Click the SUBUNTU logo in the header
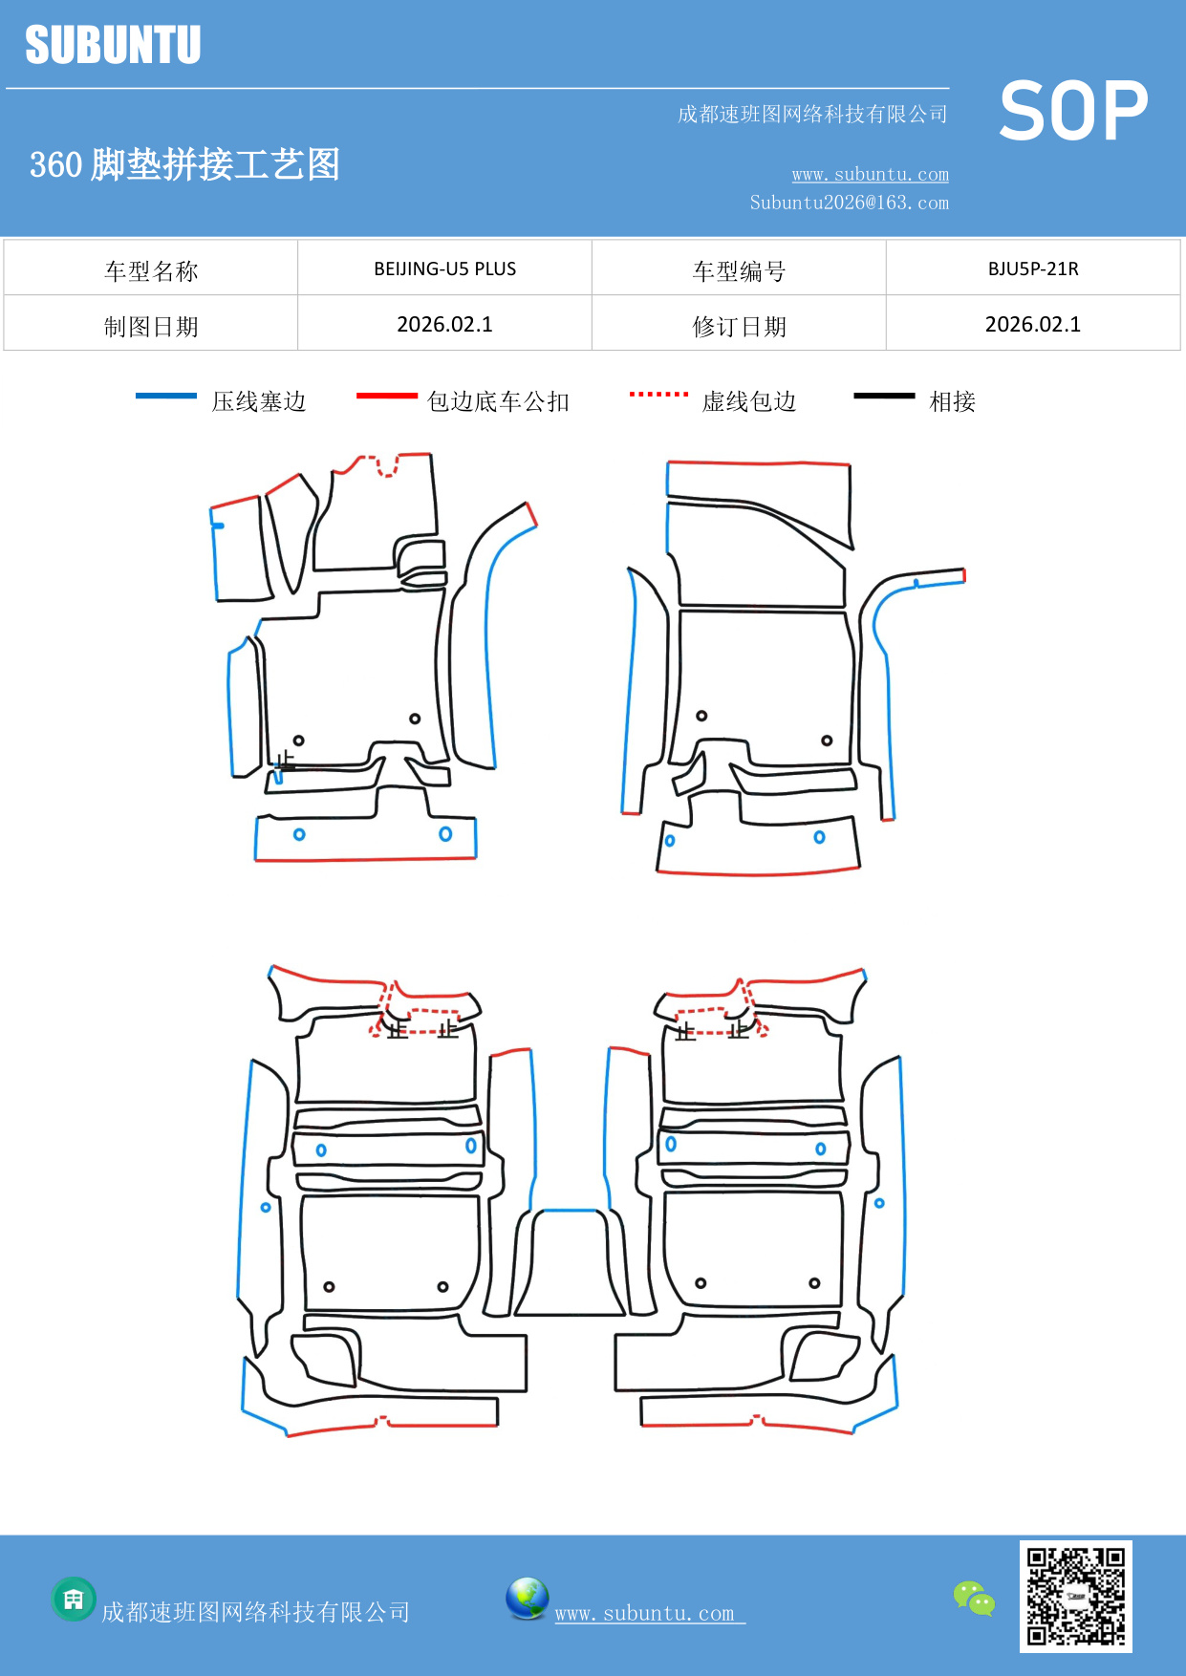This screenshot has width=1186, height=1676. tap(113, 45)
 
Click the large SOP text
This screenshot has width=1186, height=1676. tap(1072, 112)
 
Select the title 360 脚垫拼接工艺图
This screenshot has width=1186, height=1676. tap(184, 164)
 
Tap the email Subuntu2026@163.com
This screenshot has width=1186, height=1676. tap(849, 203)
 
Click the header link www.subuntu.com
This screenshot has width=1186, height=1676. tap(870, 175)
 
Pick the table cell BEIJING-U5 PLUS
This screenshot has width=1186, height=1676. tap(444, 269)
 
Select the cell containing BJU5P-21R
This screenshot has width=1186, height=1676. tap(1033, 269)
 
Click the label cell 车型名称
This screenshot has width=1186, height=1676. tap(151, 271)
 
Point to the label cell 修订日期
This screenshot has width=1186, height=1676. tap(739, 327)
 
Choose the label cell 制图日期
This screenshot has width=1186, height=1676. tap(151, 327)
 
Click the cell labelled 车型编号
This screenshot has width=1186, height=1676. tap(739, 271)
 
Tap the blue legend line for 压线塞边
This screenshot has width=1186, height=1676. tap(165, 396)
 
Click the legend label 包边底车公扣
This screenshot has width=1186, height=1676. tap(498, 401)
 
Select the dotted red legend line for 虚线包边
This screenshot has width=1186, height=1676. tap(658, 394)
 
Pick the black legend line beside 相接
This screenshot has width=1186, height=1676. tap(884, 396)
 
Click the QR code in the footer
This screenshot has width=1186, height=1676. tap(1075, 1597)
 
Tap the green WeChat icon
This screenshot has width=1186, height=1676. tap(974, 1599)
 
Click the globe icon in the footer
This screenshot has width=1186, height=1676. tap(527, 1599)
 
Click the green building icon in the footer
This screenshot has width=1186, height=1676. tap(74, 1599)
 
